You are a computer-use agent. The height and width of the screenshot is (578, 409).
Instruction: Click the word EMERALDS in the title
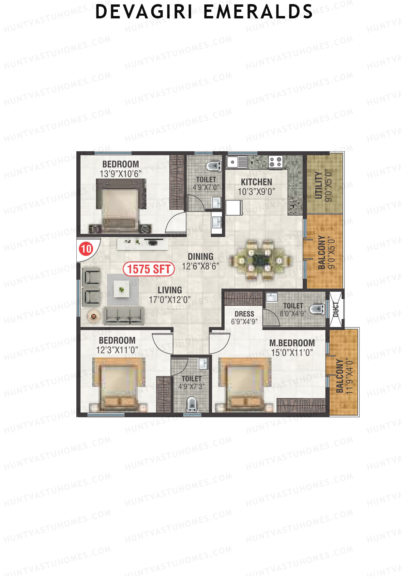click(x=258, y=12)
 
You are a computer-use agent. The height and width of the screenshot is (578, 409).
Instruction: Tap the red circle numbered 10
click(x=86, y=249)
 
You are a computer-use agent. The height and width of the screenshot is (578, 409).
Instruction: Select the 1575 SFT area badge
click(x=149, y=269)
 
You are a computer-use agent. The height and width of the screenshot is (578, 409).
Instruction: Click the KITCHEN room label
click(x=257, y=182)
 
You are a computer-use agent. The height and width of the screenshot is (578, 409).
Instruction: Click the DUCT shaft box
click(x=336, y=309)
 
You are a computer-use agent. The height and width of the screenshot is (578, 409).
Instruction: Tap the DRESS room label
click(x=244, y=314)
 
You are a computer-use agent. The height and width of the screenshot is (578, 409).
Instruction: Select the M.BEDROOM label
click(x=292, y=343)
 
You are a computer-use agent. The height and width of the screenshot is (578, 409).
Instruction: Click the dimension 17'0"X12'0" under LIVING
click(x=169, y=300)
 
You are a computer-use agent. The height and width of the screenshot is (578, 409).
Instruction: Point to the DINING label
click(x=200, y=256)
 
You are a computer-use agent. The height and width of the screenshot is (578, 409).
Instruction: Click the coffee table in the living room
click(x=121, y=290)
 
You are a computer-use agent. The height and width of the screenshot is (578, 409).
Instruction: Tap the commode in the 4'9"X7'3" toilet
click(x=192, y=404)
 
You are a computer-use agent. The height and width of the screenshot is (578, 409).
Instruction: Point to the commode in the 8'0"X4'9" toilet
click(x=317, y=309)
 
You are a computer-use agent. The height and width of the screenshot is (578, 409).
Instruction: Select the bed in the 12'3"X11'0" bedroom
click(x=119, y=385)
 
